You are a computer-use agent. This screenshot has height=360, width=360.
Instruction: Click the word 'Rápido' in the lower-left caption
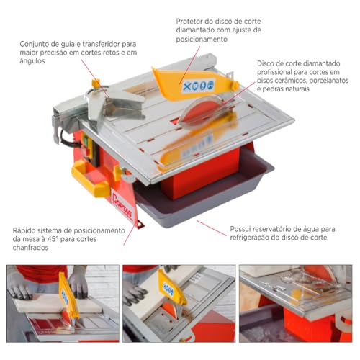[22, 230]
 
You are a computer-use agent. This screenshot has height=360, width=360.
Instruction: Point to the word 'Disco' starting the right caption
[268, 63]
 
